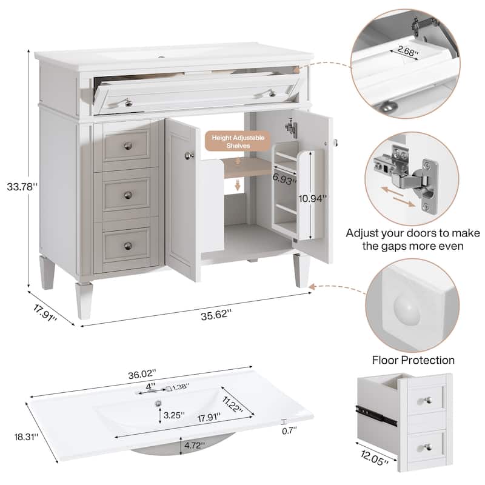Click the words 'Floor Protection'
click(x=413, y=360)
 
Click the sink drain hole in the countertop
click(x=159, y=403)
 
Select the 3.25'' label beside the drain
click(x=174, y=415)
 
